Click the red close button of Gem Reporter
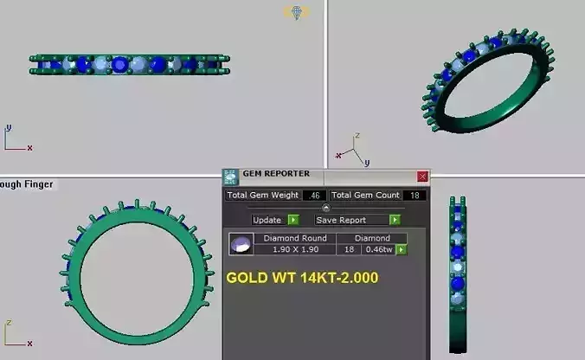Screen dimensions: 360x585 click(422, 176)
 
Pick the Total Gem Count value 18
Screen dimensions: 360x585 click(415, 196)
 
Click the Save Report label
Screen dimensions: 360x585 click(340, 220)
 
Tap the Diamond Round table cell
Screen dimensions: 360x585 click(294, 238)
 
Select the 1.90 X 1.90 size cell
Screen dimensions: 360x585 click(294, 250)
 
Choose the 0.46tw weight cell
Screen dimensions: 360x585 click(377, 250)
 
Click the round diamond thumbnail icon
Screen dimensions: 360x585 click(241, 244)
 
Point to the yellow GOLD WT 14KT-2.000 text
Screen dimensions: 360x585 click(302, 280)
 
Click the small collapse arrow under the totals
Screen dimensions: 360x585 click(325, 208)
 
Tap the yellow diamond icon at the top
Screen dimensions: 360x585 click(297, 12)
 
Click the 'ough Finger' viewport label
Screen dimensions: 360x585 click(26, 184)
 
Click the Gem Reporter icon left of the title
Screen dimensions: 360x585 click(230, 177)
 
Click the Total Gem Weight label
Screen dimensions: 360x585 click(262, 196)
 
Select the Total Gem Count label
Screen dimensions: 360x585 click(365, 196)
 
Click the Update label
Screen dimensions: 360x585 click(267, 220)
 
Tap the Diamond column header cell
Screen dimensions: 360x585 click(372, 238)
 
